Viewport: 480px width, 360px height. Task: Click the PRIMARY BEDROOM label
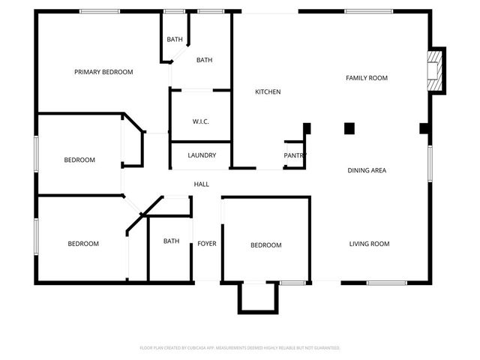103,72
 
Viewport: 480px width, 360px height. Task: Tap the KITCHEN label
268,92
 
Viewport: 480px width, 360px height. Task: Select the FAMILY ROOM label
366,78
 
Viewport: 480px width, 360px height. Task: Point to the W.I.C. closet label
200,121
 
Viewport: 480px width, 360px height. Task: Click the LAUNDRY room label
202,156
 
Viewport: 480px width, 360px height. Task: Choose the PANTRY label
295,156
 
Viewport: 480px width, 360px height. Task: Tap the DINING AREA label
367,170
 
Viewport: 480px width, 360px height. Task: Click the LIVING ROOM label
369,244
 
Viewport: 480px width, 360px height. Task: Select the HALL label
202,184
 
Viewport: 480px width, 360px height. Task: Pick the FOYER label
207,244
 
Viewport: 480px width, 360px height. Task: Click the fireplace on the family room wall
435,70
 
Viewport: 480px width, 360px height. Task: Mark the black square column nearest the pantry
307,128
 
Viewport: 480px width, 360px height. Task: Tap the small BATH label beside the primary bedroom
175,40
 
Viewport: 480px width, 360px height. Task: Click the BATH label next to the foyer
172,241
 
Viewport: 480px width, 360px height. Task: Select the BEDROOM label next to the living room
266,245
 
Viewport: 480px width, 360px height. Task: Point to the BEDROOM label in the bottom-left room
83,244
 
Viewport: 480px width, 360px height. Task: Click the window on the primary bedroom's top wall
100,11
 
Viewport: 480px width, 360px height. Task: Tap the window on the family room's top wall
368,11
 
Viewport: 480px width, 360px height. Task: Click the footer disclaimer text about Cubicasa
240,348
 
